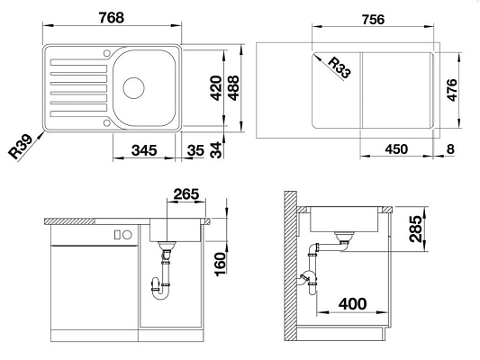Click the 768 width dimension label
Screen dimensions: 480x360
[x=112, y=17]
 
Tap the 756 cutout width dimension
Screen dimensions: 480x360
[x=373, y=19]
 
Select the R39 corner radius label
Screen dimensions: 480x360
[x=20, y=147]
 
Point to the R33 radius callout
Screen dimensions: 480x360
[x=340, y=67]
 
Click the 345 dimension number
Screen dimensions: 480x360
[x=144, y=150]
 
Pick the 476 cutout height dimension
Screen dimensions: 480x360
[x=451, y=90]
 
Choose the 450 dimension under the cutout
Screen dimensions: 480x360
[x=396, y=149]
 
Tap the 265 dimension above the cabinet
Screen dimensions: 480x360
[x=186, y=193]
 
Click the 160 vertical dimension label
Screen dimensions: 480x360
[x=221, y=265]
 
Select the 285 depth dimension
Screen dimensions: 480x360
[x=415, y=229]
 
